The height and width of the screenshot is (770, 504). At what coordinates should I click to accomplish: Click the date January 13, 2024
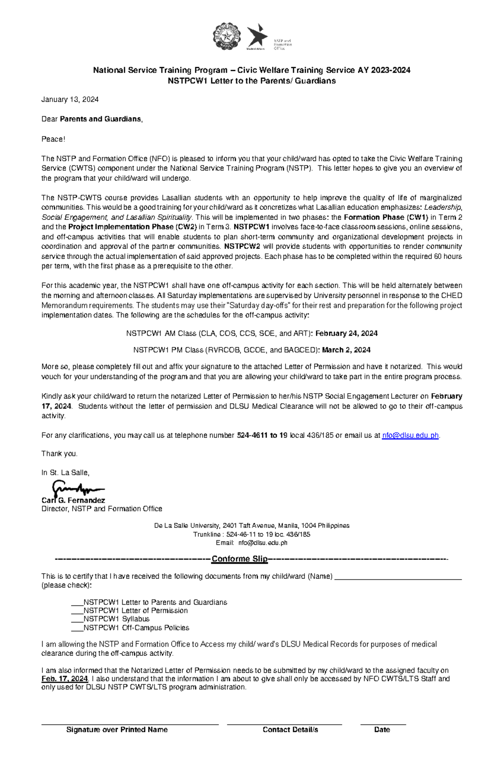[70, 99]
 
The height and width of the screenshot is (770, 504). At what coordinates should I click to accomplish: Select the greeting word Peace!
[53, 139]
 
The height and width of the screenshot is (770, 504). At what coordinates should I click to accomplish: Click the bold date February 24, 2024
[346, 333]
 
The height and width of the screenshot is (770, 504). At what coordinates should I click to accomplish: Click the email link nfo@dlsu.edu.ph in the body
[410, 435]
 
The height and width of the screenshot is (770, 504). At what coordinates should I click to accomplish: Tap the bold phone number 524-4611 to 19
[262, 435]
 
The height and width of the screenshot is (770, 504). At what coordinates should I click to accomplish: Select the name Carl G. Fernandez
[73, 500]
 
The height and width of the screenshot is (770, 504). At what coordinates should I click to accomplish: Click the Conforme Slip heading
[239, 559]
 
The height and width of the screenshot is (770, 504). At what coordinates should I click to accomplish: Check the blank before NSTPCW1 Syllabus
[77, 619]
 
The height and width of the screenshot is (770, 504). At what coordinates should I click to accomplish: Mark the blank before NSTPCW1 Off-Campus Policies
[77, 628]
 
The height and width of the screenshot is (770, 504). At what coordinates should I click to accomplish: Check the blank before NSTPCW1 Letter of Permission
[77, 611]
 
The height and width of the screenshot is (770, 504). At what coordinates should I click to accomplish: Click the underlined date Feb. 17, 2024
[65, 679]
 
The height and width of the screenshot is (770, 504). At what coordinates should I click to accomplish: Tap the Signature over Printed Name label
[117, 730]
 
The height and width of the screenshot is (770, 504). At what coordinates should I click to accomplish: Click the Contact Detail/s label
[290, 730]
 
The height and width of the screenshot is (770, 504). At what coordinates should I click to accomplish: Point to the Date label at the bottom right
[382, 730]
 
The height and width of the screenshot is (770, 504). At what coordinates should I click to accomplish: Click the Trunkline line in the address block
[252, 534]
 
